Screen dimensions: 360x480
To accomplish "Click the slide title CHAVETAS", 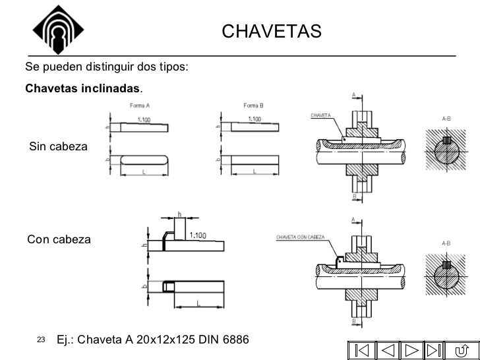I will tap(271, 31).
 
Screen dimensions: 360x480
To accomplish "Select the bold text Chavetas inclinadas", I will tap(82, 88).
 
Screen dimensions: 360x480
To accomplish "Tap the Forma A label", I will tap(139, 105).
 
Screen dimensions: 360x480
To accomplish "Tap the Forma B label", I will tap(254, 105).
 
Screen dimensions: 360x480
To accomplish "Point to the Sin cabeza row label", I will tap(59, 146).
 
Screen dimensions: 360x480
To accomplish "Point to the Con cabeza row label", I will tap(59, 239).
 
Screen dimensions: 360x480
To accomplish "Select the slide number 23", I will tap(40, 340).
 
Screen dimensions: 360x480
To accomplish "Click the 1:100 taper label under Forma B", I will tap(254, 119).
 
